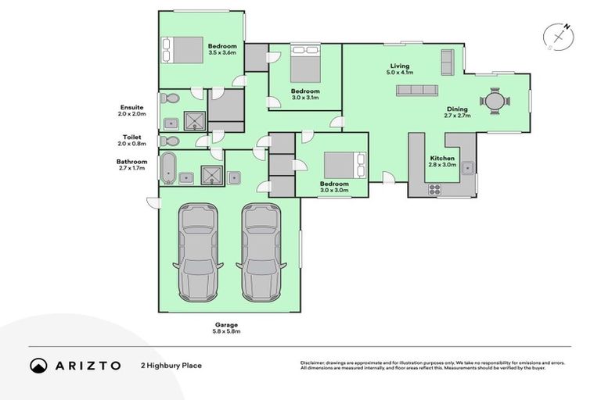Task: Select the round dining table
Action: (495, 101)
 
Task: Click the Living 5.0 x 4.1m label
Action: (401, 69)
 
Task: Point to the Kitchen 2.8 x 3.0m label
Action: (442, 161)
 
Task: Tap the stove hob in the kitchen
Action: (434, 188)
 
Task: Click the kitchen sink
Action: (467, 166)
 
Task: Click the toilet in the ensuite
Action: (169, 98)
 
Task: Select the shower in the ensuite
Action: (193, 120)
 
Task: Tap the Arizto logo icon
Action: (39, 365)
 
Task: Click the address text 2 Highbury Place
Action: (171, 365)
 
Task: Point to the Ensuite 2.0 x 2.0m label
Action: (131, 110)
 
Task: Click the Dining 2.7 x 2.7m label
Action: (457, 112)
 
